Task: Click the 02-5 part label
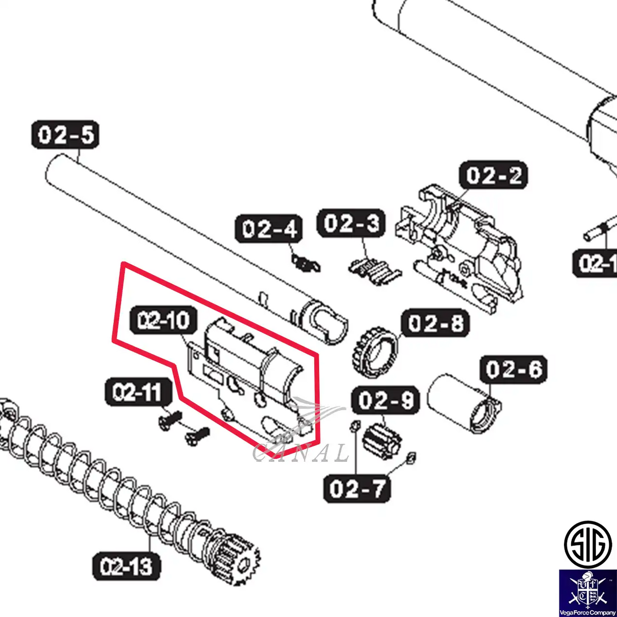(65, 135)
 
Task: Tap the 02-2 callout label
(493, 175)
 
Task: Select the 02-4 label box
(268, 229)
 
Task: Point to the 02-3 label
(351, 223)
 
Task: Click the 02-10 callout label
(164, 320)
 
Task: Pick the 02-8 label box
(435, 323)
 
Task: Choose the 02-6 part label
(514, 369)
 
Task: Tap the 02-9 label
(385, 400)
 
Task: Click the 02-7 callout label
(357, 488)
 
